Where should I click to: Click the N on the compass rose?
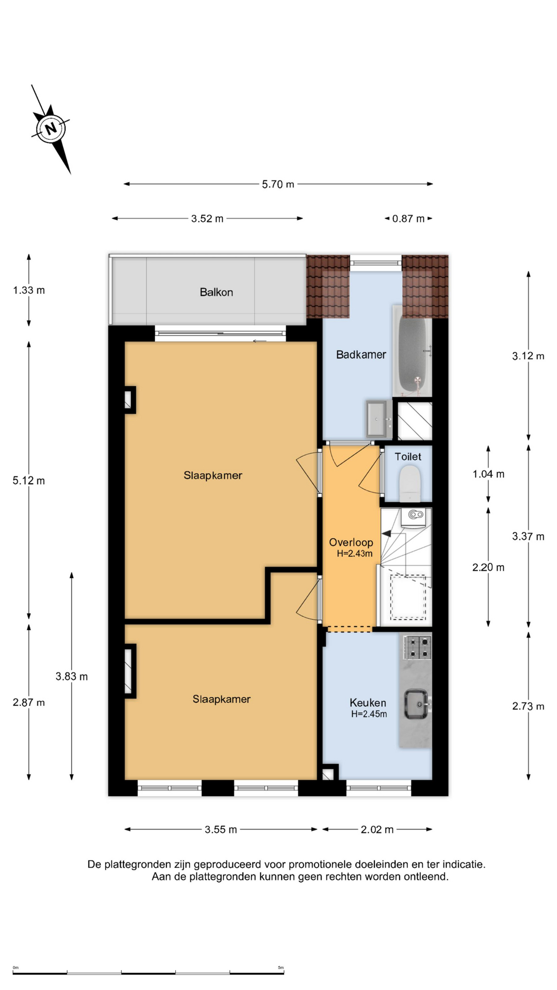pos(51,128)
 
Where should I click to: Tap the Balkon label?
pos(216,292)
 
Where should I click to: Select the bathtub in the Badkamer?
pos(413,351)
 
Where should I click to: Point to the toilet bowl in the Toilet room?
pos(411,483)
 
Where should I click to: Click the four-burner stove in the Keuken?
pos(417,648)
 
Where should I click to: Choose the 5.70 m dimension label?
pos(278,184)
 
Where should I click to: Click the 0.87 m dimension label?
pos(408,219)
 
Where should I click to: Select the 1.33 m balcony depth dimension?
pos(29,290)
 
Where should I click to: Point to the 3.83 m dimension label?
pos(72,676)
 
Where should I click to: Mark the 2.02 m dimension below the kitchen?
pos(377,830)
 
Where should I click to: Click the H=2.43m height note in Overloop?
pos(355,554)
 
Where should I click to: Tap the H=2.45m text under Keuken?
pos(369,714)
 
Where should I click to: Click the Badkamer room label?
pos(361,355)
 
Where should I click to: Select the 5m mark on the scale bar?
pos(281,968)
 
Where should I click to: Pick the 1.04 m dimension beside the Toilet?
pos(488,474)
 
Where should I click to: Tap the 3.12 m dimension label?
pos(528,356)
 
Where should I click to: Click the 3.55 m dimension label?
pos(221,830)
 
